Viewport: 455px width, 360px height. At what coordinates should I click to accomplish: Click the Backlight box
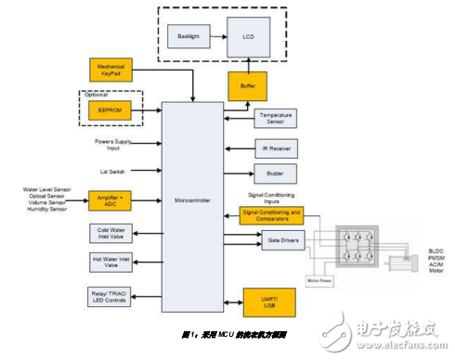(x=190, y=36)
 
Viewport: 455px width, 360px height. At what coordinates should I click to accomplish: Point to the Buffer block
(x=248, y=87)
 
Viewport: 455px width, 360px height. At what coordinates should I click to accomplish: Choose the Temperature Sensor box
(x=276, y=120)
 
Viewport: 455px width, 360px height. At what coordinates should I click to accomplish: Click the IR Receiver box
(x=276, y=148)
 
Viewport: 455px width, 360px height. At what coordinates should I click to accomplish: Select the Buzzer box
(x=276, y=174)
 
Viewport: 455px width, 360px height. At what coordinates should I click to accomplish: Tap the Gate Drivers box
(x=276, y=240)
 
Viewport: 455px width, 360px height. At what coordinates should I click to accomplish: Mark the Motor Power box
(x=318, y=276)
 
